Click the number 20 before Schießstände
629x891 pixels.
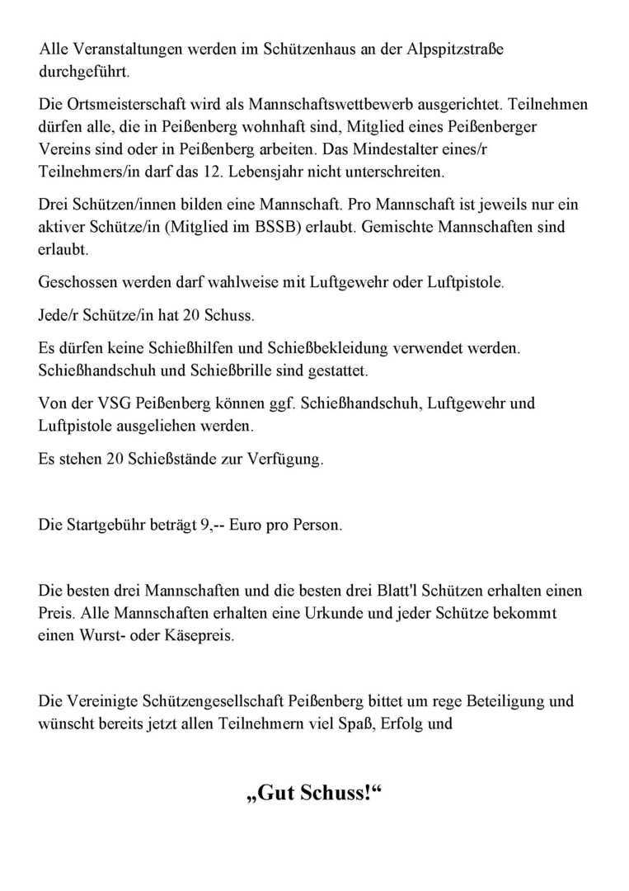point(116,460)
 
